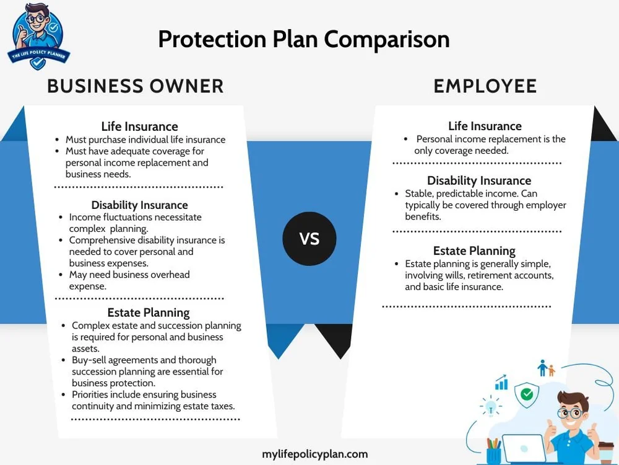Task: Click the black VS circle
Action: coord(309,239)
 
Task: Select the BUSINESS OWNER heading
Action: coord(136,86)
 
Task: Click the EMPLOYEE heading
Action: coord(485,86)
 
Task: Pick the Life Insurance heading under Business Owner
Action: coord(139,127)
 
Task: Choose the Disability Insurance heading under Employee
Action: coord(478,180)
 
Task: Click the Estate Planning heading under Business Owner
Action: coord(149,312)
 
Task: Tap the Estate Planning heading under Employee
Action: coord(474,250)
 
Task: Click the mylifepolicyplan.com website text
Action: coord(315,454)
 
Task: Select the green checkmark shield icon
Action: coord(527,394)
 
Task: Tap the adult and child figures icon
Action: coord(546,369)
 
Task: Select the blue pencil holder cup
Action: coord(493,452)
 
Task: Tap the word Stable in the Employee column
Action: coord(419,194)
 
